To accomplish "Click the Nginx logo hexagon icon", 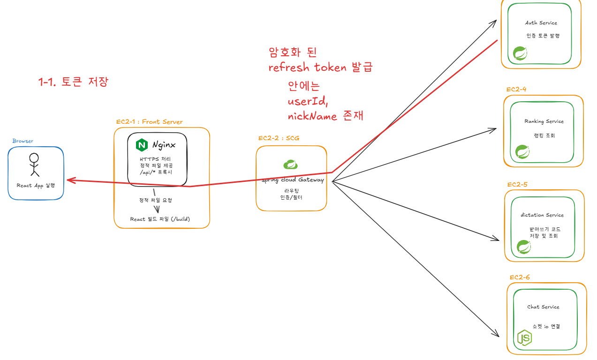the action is [x=142, y=145].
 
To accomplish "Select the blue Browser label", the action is [x=23, y=141].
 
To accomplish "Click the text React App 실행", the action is [x=35, y=186].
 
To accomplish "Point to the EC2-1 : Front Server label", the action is [x=150, y=122].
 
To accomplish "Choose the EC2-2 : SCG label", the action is [x=279, y=138].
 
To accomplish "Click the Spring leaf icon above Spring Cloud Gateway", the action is [x=291, y=165].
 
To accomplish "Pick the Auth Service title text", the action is [x=541, y=23].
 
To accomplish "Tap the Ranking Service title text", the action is [x=544, y=121].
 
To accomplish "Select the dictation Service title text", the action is [x=542, y=215].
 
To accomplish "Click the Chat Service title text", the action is [x=543, y=307].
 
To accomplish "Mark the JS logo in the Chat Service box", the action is [x=524, y=337].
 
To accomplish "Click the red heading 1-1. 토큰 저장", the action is [x=73, y=82].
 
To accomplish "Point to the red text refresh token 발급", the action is [x=320, y=67].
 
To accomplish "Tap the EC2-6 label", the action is [x=520, y=277].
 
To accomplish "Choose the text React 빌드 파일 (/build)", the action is [x=160, y=219].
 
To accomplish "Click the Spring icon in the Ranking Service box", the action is [x=522, y=152].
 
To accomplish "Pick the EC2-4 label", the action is [x=516, y=90].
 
